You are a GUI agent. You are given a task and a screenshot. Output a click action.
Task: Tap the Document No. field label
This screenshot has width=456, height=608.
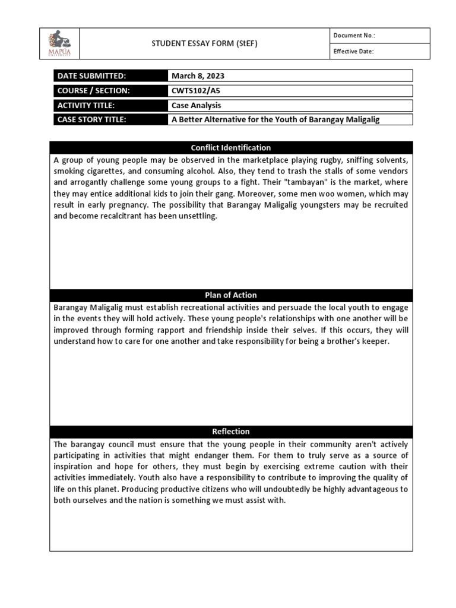pos(354,36)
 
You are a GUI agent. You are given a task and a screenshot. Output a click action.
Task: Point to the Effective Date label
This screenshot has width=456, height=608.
pos(353,52)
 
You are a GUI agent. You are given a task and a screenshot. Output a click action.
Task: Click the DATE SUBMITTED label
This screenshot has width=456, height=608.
pos(91,76)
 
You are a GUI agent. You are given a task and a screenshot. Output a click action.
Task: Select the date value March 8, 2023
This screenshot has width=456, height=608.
pos(198,76)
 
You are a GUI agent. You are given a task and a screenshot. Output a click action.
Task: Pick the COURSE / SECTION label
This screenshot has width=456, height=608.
pos(93,91)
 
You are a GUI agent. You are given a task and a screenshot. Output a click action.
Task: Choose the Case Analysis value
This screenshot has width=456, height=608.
pos(196,105)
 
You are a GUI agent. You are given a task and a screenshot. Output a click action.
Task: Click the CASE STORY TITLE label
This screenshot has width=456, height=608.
pos(92,119)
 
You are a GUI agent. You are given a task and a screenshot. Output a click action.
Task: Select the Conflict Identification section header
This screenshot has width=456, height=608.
pos(231,147)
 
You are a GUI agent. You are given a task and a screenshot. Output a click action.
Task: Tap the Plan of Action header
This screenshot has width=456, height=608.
pos(231,295)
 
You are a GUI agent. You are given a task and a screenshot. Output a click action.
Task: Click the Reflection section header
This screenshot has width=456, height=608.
pos(231,432)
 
